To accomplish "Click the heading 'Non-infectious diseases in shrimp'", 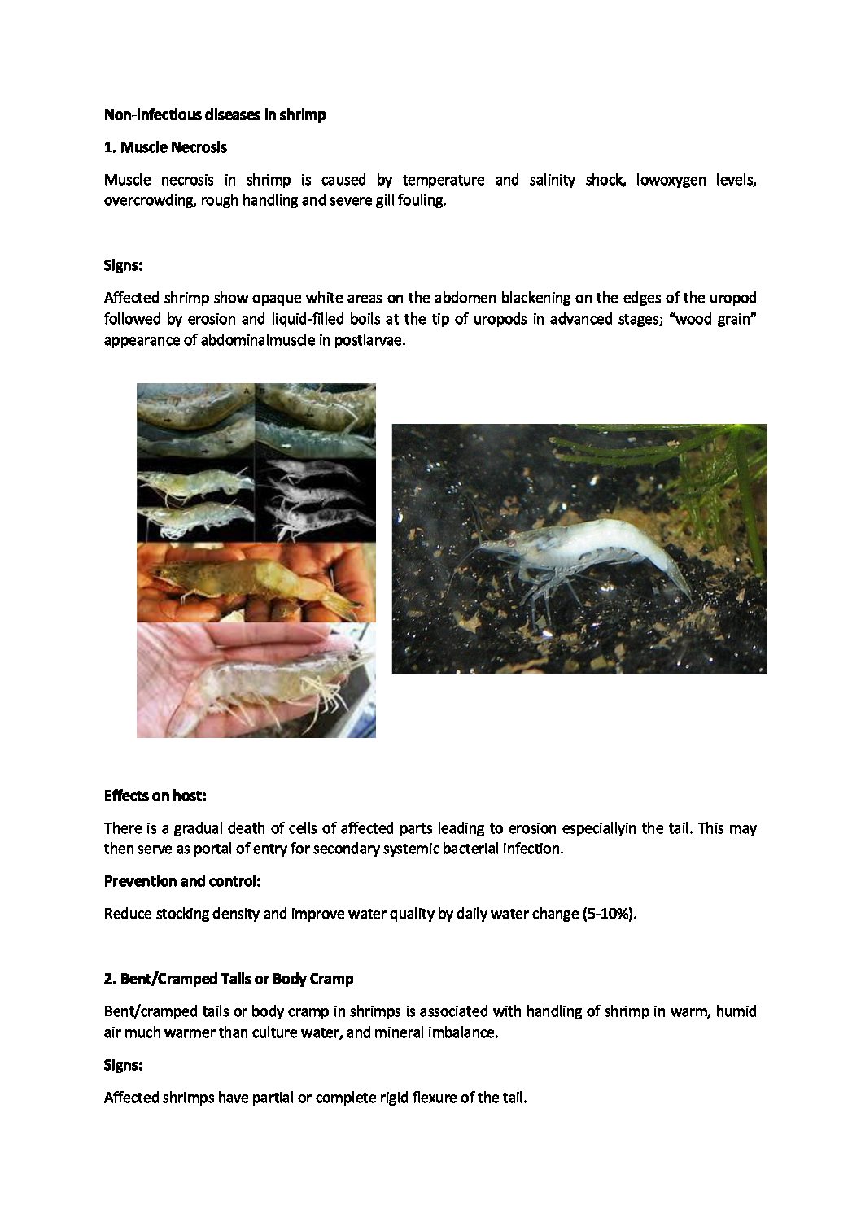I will [x=215, y=115].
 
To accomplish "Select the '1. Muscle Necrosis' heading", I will [x=165, y=147].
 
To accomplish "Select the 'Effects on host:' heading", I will [x=155, y=796].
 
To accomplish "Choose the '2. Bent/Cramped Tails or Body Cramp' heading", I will [x=229, y=978].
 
